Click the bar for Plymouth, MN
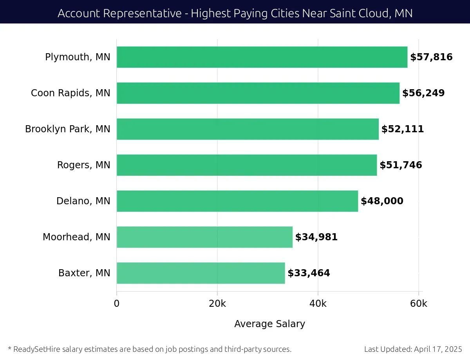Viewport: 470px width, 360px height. tap(262, 57)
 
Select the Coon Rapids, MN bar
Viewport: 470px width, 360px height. tap(258, 93)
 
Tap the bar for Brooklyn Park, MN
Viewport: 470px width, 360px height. tap(248, 129)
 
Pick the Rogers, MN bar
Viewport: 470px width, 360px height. tap(246, 165)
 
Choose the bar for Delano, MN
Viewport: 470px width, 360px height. tap(237, 201)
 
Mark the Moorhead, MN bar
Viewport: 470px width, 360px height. tap(204, 237)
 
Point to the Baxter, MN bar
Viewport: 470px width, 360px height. tap(201, 273)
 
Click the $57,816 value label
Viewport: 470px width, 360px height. tap(431, 57)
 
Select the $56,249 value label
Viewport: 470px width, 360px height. tap(423, 93)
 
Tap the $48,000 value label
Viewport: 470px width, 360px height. tap(382, 201)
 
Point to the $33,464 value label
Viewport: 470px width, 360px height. tap(309, 273)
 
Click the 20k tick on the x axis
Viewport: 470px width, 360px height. tap(217, 304)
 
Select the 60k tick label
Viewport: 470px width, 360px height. tap(418, 304)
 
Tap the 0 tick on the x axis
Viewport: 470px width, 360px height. tap(116, 304)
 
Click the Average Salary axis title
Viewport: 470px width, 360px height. tap(269, 324)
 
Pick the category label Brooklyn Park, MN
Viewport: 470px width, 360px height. tap(68, 129)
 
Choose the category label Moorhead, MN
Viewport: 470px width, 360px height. tap(76, 237)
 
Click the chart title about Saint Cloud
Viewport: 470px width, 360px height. tap(235, 13)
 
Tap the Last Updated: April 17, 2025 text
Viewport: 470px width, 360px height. tap(413, 349)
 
